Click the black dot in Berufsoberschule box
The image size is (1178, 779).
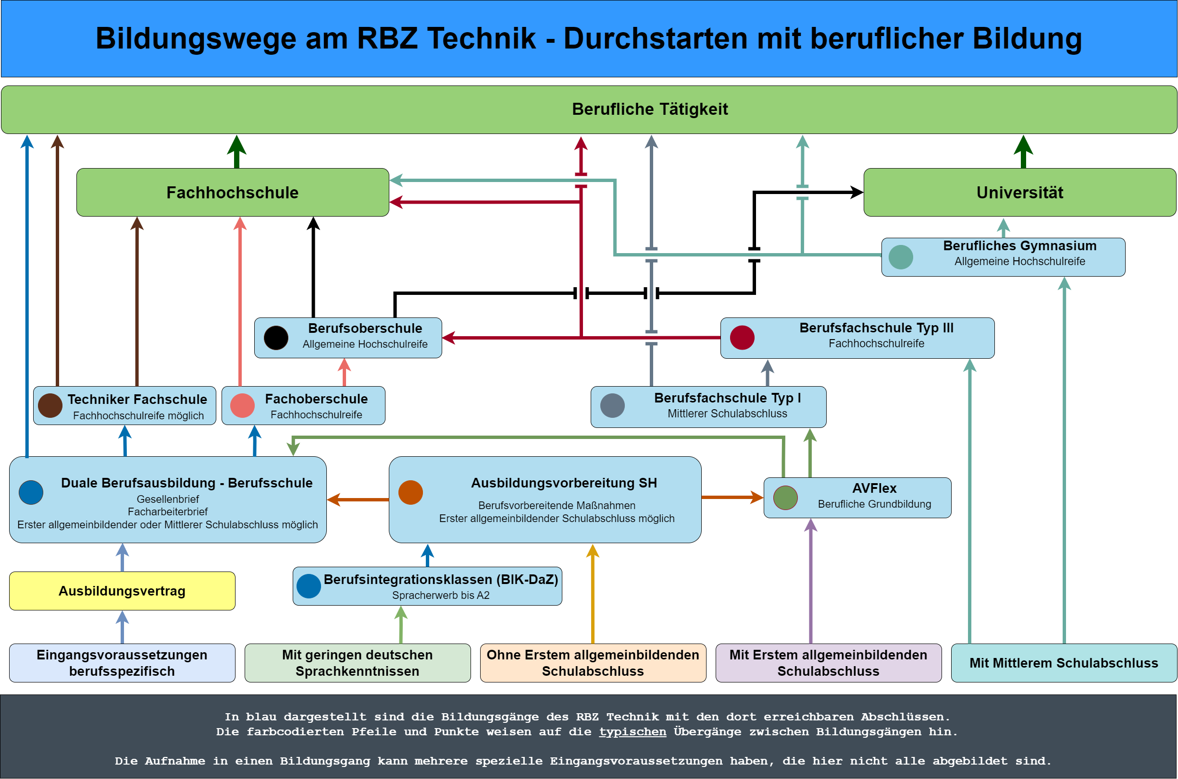(x=276, y=338)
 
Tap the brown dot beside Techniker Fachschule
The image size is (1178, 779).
(x=50, y=405)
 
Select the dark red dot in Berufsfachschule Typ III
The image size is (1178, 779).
(x=742, y=338)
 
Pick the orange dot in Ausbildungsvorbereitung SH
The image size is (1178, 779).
(x=410, y=492)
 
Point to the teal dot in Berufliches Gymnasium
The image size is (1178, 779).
(x=901, y=257)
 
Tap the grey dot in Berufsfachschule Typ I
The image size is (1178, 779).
(x=612, y=405)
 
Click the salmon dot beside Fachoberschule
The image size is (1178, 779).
(x=243, y=405)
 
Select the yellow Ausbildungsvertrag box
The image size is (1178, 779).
(x=122, y=591)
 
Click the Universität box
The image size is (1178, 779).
(x=1019, y=192)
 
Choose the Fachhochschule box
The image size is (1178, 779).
(x=232, y=192)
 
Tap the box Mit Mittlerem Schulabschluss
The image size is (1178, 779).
(x=1064, y=663)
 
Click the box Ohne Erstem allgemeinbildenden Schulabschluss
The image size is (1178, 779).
(x=593, y=663)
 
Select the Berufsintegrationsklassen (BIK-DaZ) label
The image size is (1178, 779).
(x=440, y=579)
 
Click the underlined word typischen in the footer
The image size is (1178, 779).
(x=632, y=731)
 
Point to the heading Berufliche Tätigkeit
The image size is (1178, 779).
(x=650, y=109)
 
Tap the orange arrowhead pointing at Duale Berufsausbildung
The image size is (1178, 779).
(x=334, y=499)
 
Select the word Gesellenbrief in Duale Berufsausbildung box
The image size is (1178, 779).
(x=168, y=499)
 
